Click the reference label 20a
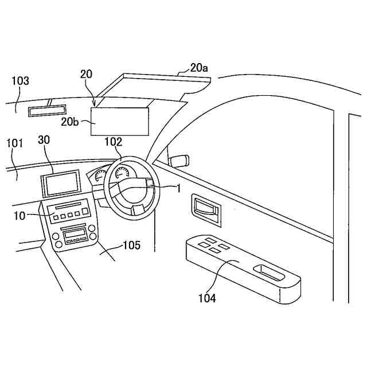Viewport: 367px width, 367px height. (x=199, y=68)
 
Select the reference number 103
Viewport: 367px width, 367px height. (x=20, y=81)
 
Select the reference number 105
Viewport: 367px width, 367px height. (x=131, y=246)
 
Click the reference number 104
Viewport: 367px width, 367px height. (x=207, y=298)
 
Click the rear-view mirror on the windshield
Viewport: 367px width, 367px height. (x=48, y=108)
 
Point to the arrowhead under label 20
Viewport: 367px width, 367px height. (x=93, y=105)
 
